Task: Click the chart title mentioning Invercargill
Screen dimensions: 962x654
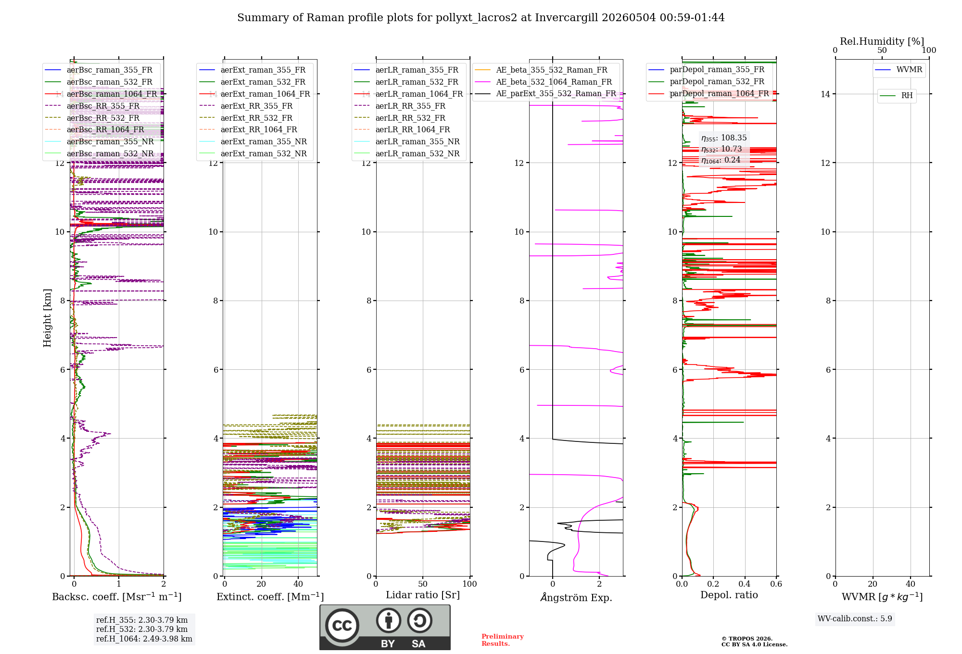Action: click(481, 18)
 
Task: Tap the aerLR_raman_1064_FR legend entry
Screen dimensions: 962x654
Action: click(408, 94)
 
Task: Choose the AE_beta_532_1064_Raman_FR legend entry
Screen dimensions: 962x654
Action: click(544, 82)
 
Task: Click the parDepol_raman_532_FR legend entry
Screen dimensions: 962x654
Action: click(707, 82)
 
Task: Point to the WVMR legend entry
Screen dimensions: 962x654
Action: click(899, 70)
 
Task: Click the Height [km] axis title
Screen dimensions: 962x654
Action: click(47, 318)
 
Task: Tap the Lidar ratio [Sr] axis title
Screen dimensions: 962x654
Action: click(423, 595)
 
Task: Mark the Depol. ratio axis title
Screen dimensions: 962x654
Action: click(729, 595)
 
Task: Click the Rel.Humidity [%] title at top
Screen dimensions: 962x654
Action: click(882, 41)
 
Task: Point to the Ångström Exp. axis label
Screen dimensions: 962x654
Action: click(576, 597)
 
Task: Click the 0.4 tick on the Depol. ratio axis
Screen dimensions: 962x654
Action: click(745, 584)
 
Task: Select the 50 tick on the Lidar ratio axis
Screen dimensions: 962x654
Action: click(423, 584)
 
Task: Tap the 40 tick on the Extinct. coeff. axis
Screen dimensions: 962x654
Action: click(298, 584)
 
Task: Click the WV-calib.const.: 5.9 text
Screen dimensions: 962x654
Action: click(855, 619)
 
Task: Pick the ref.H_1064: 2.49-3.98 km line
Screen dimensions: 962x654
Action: click(144, 639)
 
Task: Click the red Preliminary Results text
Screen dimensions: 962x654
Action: click(503, 640)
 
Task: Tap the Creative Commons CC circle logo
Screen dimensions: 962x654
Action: click(342, 625)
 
